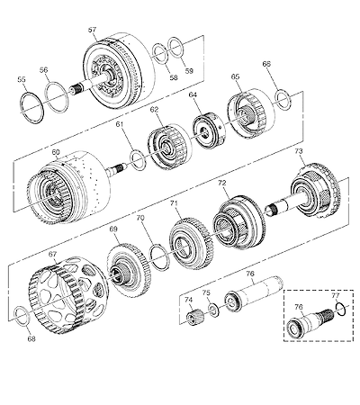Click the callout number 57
(x=92, y=30)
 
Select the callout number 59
(x=189, y=71)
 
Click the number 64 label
(x=193, y=94)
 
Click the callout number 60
(x=56, y=152)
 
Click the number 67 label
(x=52, y=254)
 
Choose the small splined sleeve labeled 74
(x=193, y=318)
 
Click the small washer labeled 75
(x=214, y=310)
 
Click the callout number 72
(x=222, y=183)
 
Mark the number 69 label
(x=113, y=229)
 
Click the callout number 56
(x=43, y=70)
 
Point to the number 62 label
(x=154, y=110)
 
